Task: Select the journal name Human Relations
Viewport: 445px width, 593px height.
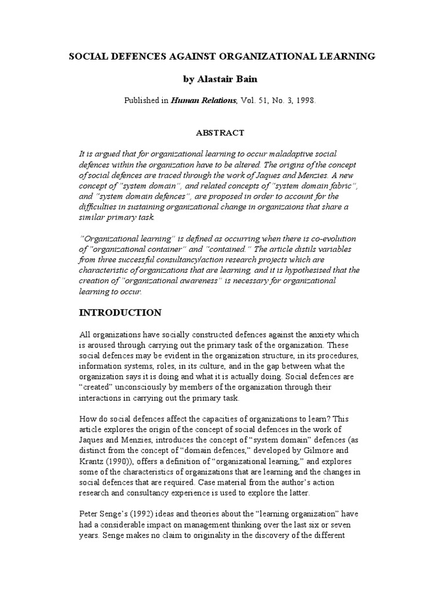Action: click(203, 100)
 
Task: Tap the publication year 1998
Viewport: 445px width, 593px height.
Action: click(304, 100)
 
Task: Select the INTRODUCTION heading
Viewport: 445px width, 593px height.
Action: click(120, 313)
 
